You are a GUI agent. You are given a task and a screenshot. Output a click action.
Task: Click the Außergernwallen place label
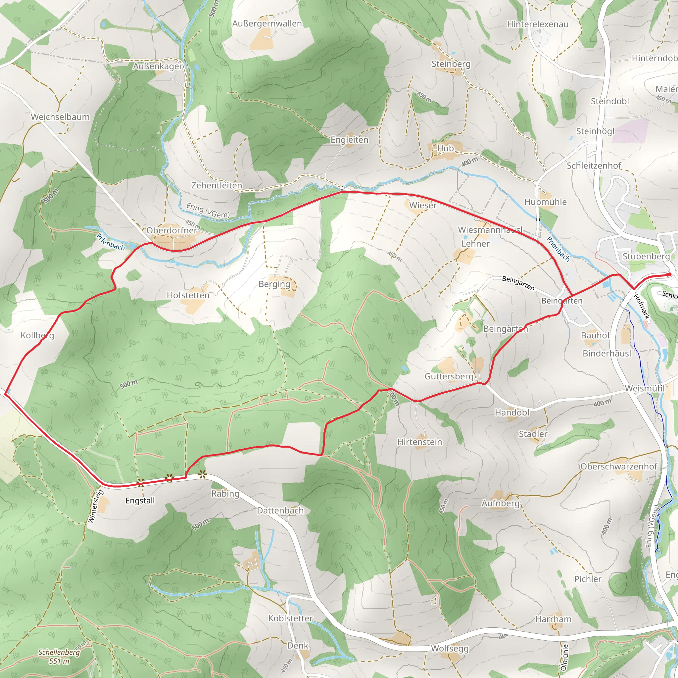pyautogui.click(x=267, y=24)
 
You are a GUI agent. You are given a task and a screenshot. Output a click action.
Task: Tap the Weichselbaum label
pyautogui.click(x=60, y=117)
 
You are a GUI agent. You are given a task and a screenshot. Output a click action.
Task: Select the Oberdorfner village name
pyautogui.click(x=171, y=230)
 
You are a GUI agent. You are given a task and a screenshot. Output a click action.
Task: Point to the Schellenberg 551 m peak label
pyautogui.click(x=59, y=656)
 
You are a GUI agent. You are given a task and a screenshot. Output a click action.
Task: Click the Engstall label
pyautogui.click(x=140, y=501)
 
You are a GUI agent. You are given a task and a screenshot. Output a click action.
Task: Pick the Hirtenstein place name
pyautogui.click(x=419, y=442)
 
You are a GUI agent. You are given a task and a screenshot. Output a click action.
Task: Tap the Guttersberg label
pyautogui.click(x=449, y=376)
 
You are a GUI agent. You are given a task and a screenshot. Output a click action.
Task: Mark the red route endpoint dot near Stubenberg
pyautogui.click(x=669, y=274)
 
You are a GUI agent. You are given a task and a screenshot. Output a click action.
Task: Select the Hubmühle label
pyautogui.click(x=545, y=202)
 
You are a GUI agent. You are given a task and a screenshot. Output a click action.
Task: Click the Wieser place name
pyautogui.click(x=422, y=205)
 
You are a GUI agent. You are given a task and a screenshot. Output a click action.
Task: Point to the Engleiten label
pyautogui.click(x=350, y=140)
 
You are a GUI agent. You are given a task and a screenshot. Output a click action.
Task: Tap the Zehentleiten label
pyautogui.click(x=217, y=185)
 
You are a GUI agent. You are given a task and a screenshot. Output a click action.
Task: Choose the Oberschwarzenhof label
pyautogui.click(x=619, y=466)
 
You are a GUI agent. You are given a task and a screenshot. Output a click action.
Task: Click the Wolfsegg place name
pyautogui.click(x=450, y=649)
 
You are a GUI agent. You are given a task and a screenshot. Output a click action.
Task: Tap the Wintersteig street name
pyautogui.click(x=96, y=507)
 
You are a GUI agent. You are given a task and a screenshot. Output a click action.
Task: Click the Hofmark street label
pyautogui.click(x=642, y=307)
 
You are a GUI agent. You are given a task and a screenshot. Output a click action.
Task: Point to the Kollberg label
pyautogui.click(x=37, y=335)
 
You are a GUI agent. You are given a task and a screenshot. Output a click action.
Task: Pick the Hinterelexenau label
pyautogui.click(x=538, y=24)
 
